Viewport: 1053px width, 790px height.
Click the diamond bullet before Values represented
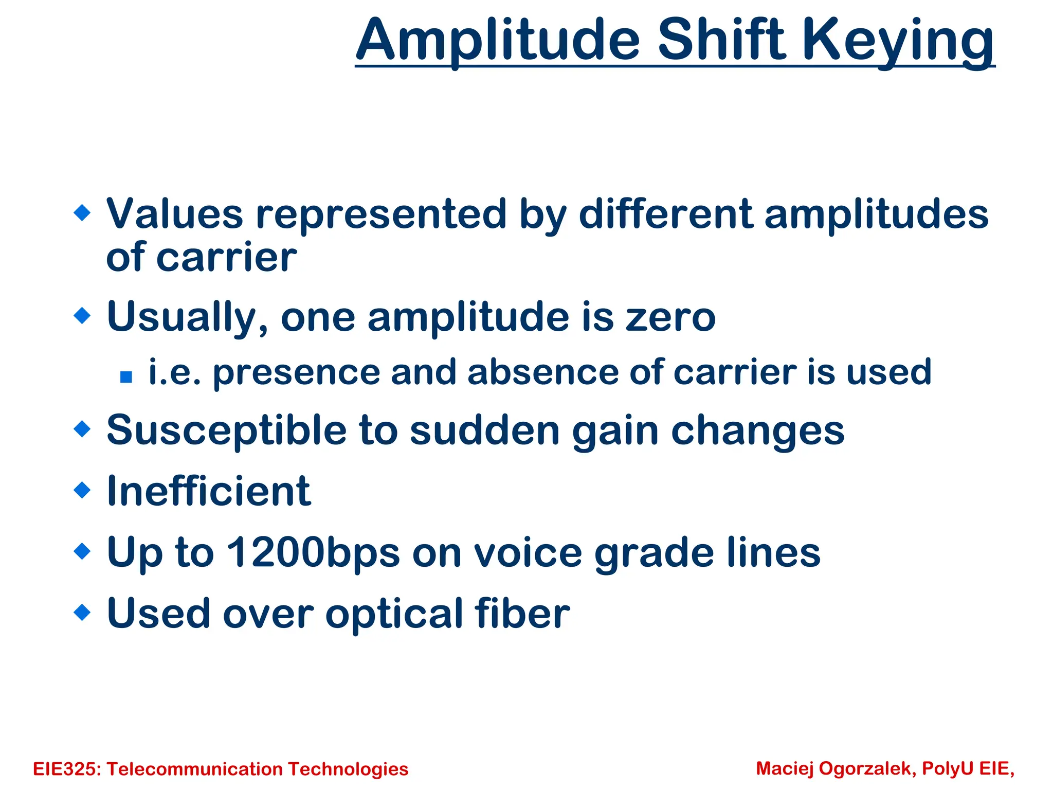tap(82, 212)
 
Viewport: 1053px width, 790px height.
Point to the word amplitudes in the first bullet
tap(876, 215)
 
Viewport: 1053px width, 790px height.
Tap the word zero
tap(670, 317)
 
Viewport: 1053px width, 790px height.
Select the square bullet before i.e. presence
tap(126, 377)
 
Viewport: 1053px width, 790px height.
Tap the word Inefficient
tap(209, 491)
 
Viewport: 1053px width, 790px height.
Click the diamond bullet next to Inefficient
tap(82, 490)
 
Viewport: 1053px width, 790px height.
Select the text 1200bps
tap(313, 552)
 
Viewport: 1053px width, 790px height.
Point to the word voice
tap(528, 552)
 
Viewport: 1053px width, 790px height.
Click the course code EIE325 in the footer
tap(67, 769)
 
